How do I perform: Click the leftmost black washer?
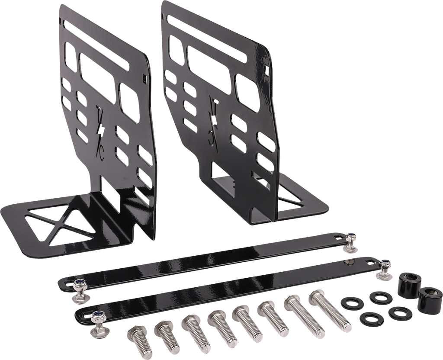[352, 303]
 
